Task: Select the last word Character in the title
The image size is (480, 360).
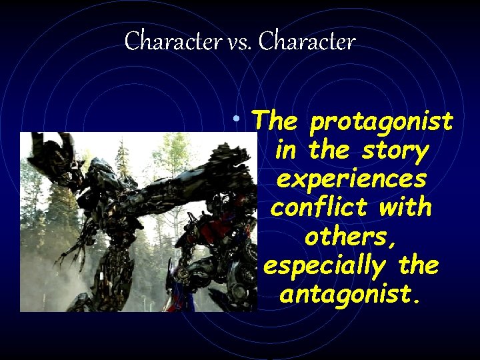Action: [307, 43]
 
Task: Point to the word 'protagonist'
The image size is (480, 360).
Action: [381, 123]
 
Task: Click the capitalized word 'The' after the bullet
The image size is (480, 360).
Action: [276, 121]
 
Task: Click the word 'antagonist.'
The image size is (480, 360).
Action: [351, 295]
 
